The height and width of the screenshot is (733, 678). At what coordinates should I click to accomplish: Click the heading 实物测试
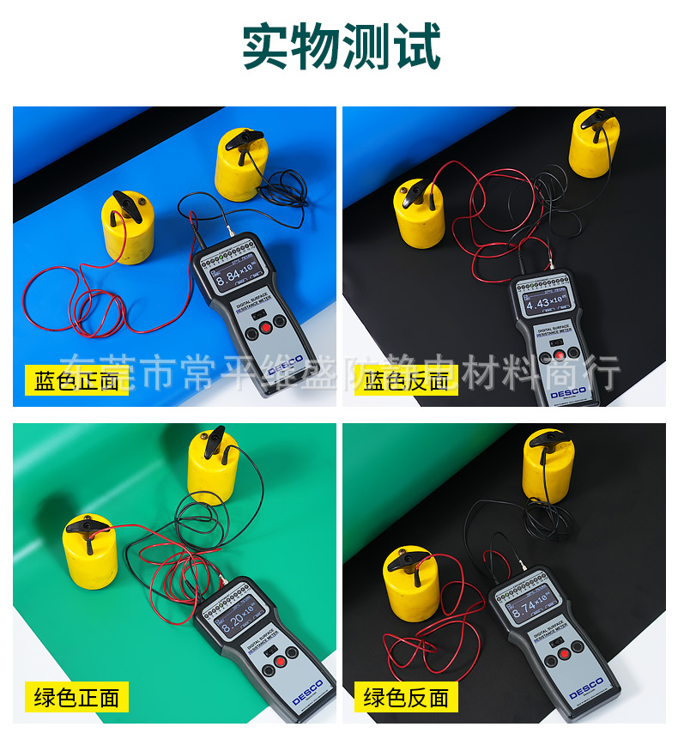click(x=341, y=46)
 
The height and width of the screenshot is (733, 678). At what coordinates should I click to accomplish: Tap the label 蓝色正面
click(x=76, y=380)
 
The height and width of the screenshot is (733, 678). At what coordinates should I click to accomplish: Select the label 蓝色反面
click(x=406, y=380)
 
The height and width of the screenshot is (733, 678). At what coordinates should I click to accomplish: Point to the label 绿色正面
click(x=76, y=697)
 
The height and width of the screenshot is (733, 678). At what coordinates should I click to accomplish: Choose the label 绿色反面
click(x=406, y=697)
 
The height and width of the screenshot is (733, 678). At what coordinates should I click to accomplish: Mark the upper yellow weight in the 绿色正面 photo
click(x=212, y=468)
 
